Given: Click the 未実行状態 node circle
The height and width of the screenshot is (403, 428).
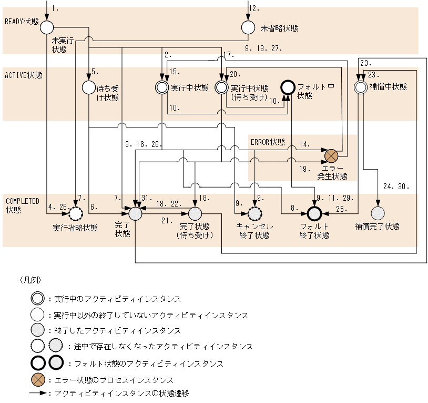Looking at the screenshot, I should (47, 26).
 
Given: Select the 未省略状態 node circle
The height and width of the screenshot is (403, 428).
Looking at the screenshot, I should (248, 27).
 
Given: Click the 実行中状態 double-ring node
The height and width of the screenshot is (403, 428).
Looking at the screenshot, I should (162, 86).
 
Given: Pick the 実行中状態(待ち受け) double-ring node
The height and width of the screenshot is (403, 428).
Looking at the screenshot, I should (222, 86).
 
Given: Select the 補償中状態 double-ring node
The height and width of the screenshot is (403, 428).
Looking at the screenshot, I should (360, 86).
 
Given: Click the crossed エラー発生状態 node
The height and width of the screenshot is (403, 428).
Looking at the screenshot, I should (331, 156).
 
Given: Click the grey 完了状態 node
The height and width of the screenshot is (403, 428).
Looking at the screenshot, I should (136, 213).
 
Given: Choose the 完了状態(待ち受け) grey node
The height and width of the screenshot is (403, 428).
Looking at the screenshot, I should (195, 213).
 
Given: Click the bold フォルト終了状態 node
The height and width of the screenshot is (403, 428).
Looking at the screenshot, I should (314, 213).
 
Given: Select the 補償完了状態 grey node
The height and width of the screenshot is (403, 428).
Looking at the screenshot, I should (378, 213).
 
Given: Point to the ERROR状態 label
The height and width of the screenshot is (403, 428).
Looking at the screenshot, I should (268, 142).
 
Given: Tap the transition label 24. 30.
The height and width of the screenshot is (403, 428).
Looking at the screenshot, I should (395, 186).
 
